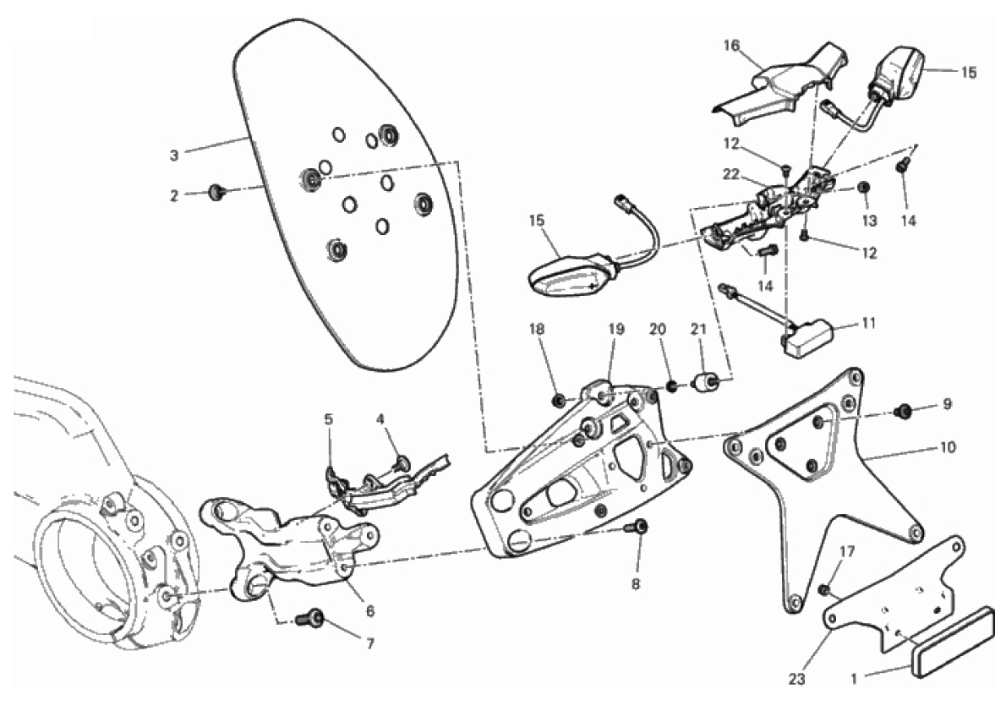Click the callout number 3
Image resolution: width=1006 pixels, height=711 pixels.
[x=174, y=156]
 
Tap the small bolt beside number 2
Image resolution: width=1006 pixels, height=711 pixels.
[x=214, y=194]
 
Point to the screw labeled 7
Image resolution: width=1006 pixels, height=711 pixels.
[x=315, y=620]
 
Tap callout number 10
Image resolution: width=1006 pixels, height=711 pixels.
[x=948, y=446]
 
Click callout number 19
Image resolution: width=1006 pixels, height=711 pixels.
[x=615, y=329]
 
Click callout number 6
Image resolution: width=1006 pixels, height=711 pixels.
[x=370, y=610]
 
